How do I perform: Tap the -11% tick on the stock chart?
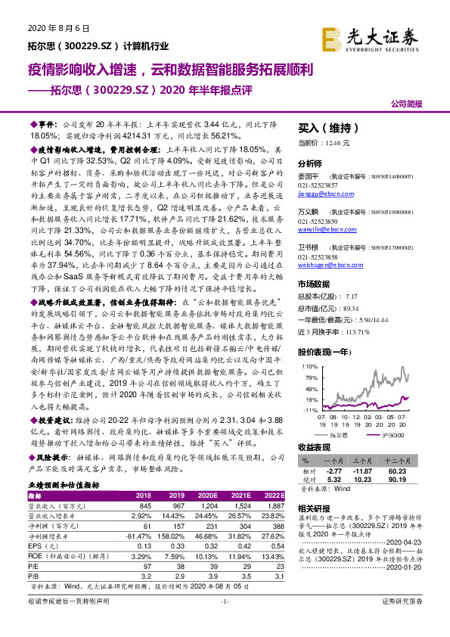(x=310, y=409)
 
